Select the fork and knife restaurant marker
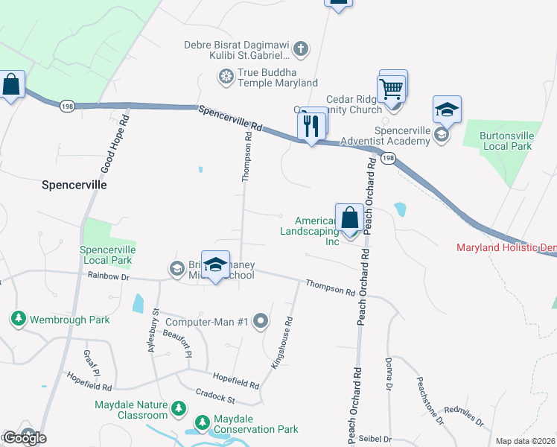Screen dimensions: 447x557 click(x=311, y=126)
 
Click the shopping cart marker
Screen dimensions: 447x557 click(x=392, y=90)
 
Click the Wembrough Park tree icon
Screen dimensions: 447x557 click(x=18, y=320)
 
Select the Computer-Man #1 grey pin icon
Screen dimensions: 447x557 click(x=261, y=322)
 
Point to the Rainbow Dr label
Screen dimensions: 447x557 click(x=109, y=277)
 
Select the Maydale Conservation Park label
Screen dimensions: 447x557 click(x=255, y=430)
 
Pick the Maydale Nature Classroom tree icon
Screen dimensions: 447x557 click(x=178, y=408)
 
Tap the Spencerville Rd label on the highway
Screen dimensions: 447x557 click(x=231, y=119)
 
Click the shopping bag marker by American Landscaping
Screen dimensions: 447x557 click(x=349, y=219)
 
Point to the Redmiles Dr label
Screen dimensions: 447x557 click(x=464, y=417)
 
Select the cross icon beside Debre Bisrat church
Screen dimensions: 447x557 click(x=300, y=49)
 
